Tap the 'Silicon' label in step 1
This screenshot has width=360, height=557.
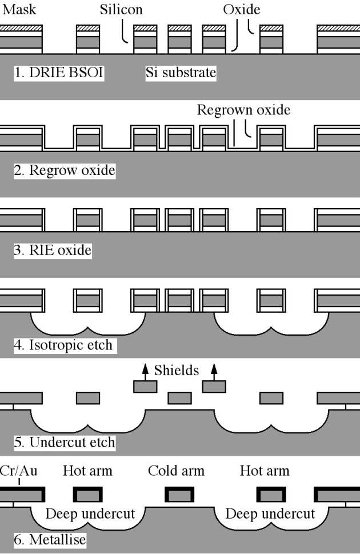[x=121, y=10]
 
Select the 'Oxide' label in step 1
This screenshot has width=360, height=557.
[x=242, y=10]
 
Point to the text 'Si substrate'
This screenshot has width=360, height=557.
[x=181, y=73]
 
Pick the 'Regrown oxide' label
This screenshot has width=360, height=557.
[x=243, y=110]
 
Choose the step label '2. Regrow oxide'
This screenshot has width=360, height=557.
[x=65, y=170]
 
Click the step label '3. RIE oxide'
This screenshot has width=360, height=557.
[x=53, y=250]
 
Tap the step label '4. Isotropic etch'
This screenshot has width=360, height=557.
[x=63, y=346]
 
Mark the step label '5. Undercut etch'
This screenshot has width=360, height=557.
[x=64, y=443]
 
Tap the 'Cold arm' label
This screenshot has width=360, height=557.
[x=176, y=471]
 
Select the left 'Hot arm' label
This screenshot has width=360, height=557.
[x=88, y=471]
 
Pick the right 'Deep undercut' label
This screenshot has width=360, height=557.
[x=270, y=514]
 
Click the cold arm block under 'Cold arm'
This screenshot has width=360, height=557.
[x=179, y=494]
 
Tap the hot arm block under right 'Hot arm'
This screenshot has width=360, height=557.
[x=271, y=494]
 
